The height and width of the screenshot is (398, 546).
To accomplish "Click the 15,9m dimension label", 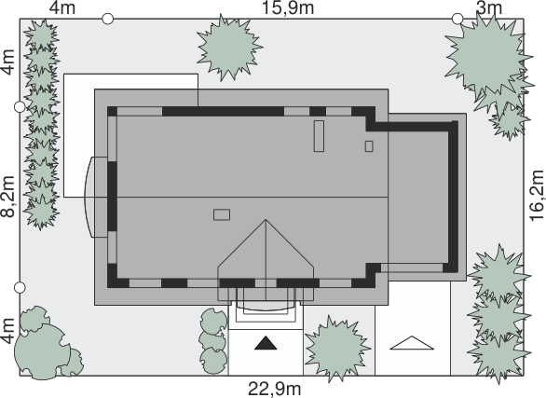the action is tap(288, 8).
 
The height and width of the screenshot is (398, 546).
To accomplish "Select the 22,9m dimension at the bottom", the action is tap(275, 389).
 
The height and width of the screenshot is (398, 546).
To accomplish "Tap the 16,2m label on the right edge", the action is tap(537, 196).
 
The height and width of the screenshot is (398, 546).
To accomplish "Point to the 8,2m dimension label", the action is tap(8, 197).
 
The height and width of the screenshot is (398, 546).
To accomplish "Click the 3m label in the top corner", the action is tap(489, 8).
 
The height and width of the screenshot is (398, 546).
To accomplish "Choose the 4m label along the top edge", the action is tap(62, 8).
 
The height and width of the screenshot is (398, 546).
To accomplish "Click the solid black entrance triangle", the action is tap(266, 343).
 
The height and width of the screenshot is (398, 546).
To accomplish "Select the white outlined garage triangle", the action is tap(412, 343).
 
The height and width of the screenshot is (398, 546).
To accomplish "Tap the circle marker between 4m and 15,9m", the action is tap(108, 19).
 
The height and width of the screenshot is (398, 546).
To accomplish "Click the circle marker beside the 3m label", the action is tap(457, 19).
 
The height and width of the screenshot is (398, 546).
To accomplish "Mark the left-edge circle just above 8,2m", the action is tap(20, 107).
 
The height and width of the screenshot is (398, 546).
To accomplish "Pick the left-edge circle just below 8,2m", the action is tap(20, 288).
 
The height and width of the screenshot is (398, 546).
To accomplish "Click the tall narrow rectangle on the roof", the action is tap(319, 136).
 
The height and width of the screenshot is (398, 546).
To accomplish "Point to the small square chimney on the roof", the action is tap(369, 146).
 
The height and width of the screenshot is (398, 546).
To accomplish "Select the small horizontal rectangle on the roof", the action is tap(222, 214).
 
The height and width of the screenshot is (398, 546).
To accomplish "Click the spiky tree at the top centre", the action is tap(229, 47).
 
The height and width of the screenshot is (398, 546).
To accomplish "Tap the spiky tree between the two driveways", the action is tap(336, 349).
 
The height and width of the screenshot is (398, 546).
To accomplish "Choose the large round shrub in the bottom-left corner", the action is tap(41, 351).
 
